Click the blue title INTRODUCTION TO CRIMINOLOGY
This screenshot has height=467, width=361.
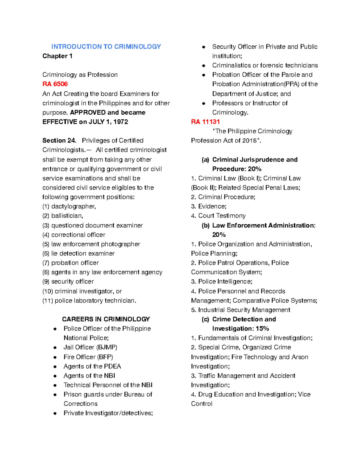(x=106, y=47)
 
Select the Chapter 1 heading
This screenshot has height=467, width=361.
(x=57, y=56)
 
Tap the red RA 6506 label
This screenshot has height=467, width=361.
(x=55, y=84)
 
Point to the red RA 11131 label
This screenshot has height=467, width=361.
(x=205, y=122)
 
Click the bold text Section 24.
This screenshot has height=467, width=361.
(x=59, y=140)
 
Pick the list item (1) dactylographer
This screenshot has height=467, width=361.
(x=69, y=206)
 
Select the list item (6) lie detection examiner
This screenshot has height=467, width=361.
(x=79, y=253)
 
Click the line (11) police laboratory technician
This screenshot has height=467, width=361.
(x=89, y=300)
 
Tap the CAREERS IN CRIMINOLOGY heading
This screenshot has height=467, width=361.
(x=106, y=319)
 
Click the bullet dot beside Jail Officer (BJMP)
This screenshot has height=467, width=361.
(x=55, y=348)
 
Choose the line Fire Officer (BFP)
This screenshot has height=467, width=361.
(x=88, y=357)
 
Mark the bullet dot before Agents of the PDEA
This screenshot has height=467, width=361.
(x=55, y=367)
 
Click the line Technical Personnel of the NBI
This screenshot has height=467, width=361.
(x=108, y=385)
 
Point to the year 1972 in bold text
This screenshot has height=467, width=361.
(x=121, y=122)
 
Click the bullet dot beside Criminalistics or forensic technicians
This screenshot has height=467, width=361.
(x=204, y=66)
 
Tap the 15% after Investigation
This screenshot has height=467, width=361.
(x=262, y=328)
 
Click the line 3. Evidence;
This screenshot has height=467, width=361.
(x=209, y=206)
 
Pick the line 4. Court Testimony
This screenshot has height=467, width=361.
(x=218, y=216)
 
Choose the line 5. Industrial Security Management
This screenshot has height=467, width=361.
(x=241, y=310)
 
